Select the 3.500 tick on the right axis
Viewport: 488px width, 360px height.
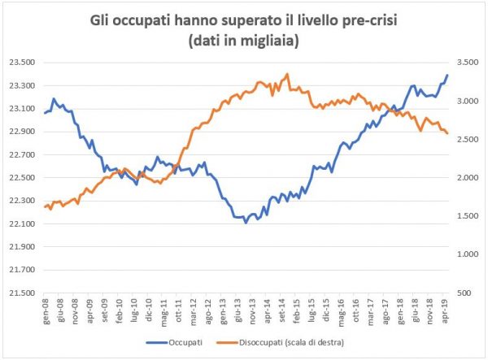pos(466,62)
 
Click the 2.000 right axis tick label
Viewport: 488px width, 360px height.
pos(466,177)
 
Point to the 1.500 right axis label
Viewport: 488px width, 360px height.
pos(466,215)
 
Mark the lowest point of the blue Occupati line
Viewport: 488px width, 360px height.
pos(246,222)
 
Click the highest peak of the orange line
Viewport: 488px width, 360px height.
pos(288,74)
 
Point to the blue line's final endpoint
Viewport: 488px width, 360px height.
pos(447,76)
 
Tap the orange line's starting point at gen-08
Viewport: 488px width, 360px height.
pos(44,206)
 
